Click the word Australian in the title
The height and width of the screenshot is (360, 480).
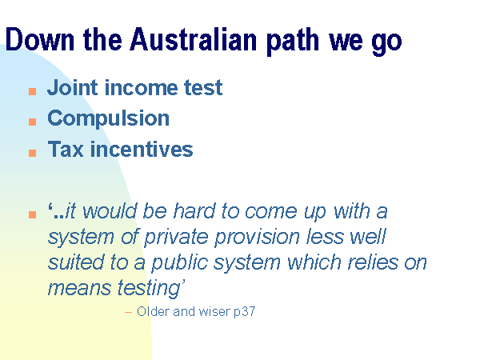tap(194, 39)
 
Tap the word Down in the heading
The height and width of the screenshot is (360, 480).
tap(40, 39)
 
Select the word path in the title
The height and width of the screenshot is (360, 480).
tap(293, 42)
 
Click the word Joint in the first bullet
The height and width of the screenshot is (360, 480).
tap(73, 88)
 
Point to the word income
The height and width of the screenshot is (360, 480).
tap(141, 88)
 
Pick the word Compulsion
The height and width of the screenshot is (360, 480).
tap(108, 118)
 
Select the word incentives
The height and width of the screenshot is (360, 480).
tap(142, 149)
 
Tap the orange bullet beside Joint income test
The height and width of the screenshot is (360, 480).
tap(33, 91)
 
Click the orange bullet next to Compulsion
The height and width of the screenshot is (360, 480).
tap(33, 122)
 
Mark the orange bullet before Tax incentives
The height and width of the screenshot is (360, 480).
tap(33, 153)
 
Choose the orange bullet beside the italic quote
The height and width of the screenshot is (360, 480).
tap(33, 214)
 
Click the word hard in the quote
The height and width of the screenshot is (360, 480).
tap(194, 211)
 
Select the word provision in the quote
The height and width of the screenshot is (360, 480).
tap(257, 238)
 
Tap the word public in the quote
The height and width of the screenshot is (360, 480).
tap(179, 263)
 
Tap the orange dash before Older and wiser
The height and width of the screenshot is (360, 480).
tap(128, 313)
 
